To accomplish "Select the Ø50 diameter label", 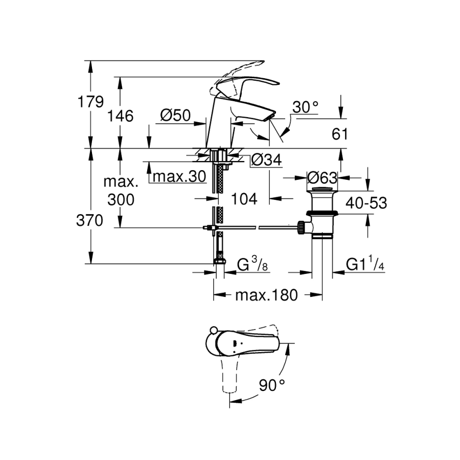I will coord(175,116).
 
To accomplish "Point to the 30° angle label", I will coord(305,107).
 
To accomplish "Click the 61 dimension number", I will coord(339,134).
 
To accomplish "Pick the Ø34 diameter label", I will coord(266,160).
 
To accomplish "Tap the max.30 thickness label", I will coord(179,177).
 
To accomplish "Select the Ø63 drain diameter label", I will coord(323,178).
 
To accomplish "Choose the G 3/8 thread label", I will coord(253,265).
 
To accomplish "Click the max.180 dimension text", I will coord(266,295).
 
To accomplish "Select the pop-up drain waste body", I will coord(320,215).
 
